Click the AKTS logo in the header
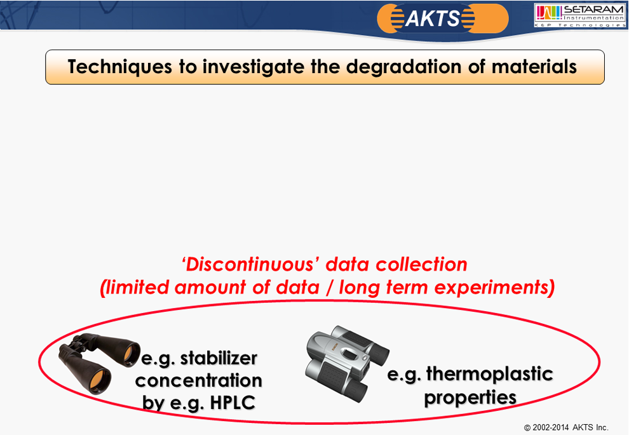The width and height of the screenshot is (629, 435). click(x=442, y=18)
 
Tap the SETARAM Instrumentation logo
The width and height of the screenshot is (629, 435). click(x=579, y=16)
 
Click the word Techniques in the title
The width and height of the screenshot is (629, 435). click(x=120, y=67)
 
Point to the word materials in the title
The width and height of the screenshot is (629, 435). click(x=534, y=67)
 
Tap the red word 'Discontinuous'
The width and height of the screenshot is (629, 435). click(x=251, y=265)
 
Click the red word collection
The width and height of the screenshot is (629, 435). click(x=421, y=265)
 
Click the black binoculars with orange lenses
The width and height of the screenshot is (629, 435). click(x=98, y=363)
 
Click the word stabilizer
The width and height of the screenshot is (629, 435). click(x=219, y=358)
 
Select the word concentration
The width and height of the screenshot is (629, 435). click(x=199, y=380)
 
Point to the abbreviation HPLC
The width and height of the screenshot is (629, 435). click(x=233, y=403)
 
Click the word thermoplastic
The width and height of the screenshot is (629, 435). click(x=489, y=375)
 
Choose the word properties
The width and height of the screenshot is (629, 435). click(x=470, y=398)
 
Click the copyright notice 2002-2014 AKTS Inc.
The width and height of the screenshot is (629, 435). click(x=566, y=427)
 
